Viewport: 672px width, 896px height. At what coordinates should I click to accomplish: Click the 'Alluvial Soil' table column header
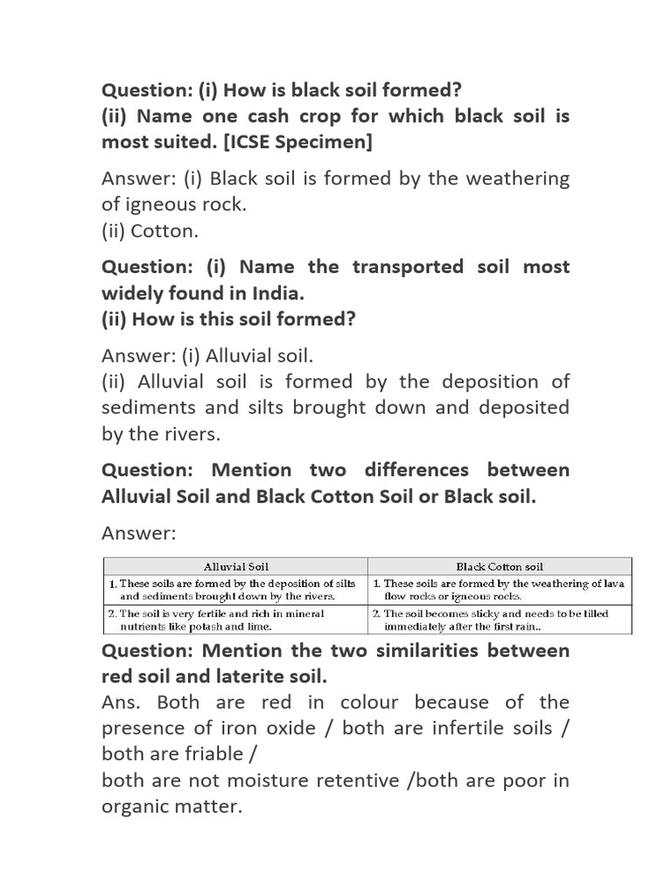(236, 566)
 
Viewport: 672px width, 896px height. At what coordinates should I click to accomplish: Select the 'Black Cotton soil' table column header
(500, 566)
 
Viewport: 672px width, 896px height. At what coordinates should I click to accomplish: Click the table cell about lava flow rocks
(500, 589)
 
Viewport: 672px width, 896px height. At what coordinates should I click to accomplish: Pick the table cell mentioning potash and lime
(236, 620)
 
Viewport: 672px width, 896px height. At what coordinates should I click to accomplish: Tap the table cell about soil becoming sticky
(500, 620)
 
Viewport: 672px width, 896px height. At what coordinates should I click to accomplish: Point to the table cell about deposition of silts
(236, 589)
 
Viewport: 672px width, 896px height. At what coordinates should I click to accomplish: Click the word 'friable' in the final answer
(213, 754)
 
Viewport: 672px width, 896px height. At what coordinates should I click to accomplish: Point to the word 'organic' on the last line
(139, 807)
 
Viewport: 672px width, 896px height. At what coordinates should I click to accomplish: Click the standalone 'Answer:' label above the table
(139, 532)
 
